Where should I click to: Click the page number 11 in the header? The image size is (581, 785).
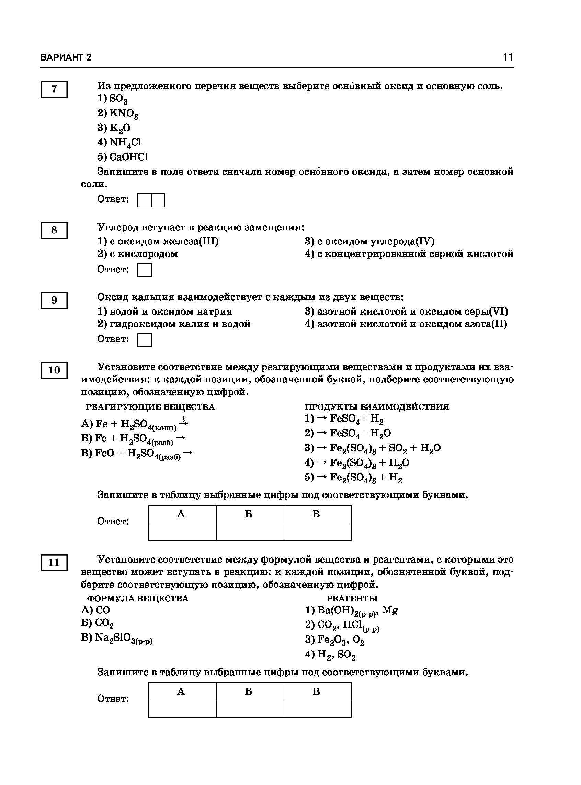pyautogui.click(x=508, y=57)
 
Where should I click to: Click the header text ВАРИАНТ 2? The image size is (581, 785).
pyautogui.click(x=66, y=57)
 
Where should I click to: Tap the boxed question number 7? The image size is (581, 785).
pyautogui.click(x=54, y=89)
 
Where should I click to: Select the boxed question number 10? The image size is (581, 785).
pyautogui.click(x=54, y=370)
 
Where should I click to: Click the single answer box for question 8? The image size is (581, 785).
pyautogui.click(x=145, y=270)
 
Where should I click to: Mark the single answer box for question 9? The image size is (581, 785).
pyautogui.click(x=145, y=340)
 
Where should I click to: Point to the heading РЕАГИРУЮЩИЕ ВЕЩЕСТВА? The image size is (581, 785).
pyautogui.click(x=150, y=407)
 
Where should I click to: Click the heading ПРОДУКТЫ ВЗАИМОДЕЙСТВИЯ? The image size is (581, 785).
pyautogui.click(x=377, y=407)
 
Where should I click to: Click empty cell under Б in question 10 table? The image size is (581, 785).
pyautogui.click(x=250, y=532)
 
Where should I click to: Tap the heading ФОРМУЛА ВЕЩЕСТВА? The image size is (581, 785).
pyautogui.click(x=138, y=598)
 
